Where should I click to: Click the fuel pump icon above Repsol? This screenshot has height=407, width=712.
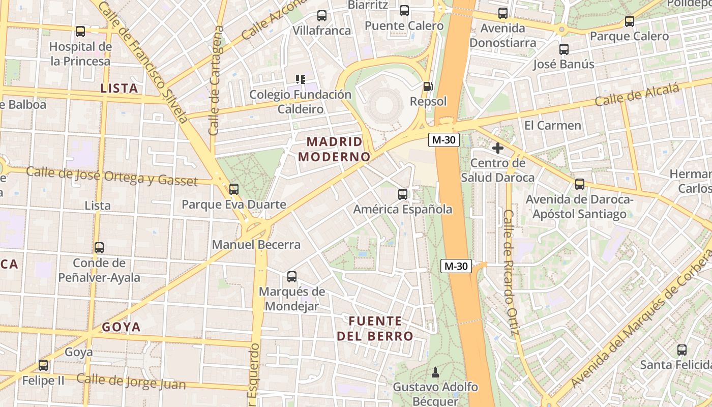[x=428, y=86]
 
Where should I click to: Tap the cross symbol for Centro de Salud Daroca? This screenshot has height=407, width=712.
[x=498, y=148]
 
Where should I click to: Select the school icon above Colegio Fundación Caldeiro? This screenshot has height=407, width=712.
[x=301, y=79]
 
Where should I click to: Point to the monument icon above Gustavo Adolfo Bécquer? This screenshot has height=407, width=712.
[x=435, y=372]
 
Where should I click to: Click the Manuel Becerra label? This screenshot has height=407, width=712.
[x=256, y=245]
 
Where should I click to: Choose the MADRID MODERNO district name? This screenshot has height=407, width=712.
[x=334, y=149]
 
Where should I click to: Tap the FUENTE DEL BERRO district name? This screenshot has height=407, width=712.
[x=375, y=329]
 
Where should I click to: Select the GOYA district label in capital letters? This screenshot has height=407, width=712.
[x=121, y=327]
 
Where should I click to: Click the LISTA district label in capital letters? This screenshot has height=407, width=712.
[x=120, y=88]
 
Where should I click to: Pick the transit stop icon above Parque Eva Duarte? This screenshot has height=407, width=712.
[x=234, y=189]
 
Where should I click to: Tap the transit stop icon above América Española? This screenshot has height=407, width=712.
[x=403, y=194]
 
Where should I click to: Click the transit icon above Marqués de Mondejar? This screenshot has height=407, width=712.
[x=292, y=277]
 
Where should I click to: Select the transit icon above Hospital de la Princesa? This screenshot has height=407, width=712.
[x=80, y=32]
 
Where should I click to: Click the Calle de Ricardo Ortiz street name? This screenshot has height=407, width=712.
[x=510, y=273]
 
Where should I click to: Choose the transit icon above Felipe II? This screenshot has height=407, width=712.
[x=43, y=365]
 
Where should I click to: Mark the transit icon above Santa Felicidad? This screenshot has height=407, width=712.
[x=682, y=350]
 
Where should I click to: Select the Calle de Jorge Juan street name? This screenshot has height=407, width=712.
[x=131, y=382]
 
